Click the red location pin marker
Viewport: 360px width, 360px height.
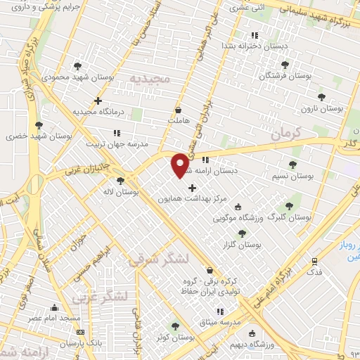click(181, 164)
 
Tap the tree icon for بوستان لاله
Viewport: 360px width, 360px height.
click(120, 181)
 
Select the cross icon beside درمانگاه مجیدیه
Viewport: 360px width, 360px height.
click(98, 101)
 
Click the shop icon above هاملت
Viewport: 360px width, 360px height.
click(178, 110)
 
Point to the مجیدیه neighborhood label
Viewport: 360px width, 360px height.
click(146, 79)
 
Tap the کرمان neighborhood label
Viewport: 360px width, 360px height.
click(284, 131)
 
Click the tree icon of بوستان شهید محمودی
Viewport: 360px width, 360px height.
click(77, 66)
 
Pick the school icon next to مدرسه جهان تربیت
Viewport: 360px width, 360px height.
click(117, 131)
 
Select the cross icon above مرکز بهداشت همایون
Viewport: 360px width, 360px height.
click(192, 188)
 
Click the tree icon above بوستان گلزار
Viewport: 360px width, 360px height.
click(242, 233)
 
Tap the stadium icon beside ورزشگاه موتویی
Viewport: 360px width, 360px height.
click(238, 207)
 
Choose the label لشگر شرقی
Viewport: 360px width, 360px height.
click(157, 259)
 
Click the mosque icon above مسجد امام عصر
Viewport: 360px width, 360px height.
click(54, 307)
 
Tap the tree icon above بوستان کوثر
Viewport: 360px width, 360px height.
click(175, 326)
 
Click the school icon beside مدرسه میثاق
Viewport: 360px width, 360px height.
click(220, 311)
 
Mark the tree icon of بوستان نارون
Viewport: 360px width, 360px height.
click(321, 97)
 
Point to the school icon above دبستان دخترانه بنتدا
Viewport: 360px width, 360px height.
click(255, 35)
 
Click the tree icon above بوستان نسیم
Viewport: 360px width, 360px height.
click(292, 165)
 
